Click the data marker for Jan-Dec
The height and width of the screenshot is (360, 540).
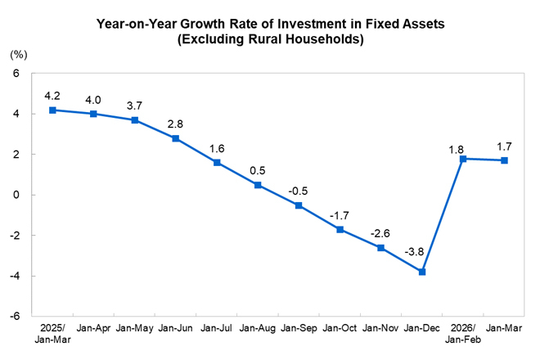click(422, 272)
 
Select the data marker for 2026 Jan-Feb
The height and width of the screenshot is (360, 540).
click(464, 159)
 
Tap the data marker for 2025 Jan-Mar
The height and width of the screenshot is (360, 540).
click(52, 110)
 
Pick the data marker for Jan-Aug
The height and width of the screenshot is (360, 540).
click(258, 185)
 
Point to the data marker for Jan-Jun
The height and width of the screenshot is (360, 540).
click(176, 138)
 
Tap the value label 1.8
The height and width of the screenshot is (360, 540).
click(456, 150)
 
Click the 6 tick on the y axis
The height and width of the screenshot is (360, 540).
click(16, 74)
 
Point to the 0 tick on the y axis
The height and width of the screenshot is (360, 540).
click(16, 195)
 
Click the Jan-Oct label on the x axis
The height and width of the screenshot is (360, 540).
click(340, 329)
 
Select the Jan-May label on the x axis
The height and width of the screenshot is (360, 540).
click(135, 329)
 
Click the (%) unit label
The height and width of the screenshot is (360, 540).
click(18, 55)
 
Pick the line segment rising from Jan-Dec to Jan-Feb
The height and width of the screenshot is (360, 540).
click(443, 215)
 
